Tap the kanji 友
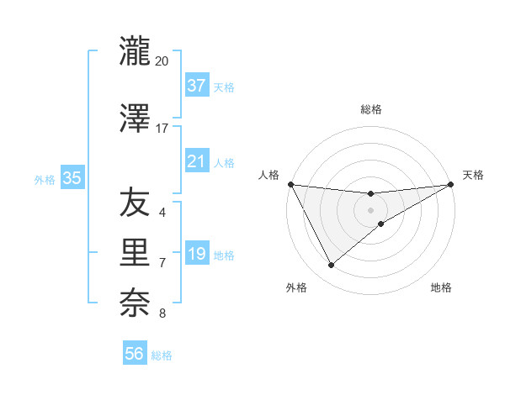135,203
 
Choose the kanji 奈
135,302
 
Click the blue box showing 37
197,86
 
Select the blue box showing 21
197,161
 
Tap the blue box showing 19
197,254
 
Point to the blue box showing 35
72,178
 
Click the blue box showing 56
135,354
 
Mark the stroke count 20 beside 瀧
162,61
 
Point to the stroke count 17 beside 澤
162,129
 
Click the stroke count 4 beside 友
162,213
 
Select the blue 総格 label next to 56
162,355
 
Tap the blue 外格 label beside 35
45,179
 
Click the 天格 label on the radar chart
474,175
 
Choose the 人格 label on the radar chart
269,175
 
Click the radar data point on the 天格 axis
451,184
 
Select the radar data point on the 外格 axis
331,266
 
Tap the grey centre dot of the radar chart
370,209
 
